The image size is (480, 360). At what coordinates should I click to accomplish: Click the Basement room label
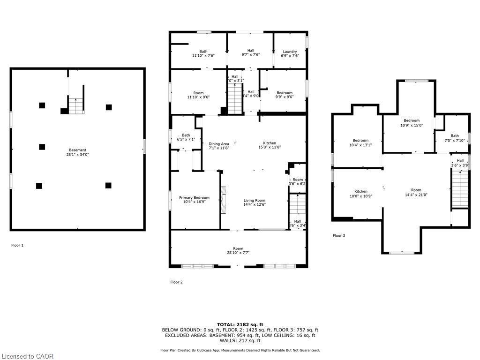click(77, 150)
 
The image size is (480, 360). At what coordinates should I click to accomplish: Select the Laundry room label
click(290, 52)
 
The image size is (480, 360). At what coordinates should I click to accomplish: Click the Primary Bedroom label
click(194, 198)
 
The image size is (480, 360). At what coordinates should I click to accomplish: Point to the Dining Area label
click(219, 144)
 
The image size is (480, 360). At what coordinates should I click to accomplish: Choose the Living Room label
click(254, 201)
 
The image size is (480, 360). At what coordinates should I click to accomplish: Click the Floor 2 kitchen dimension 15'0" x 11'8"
click(269, 148)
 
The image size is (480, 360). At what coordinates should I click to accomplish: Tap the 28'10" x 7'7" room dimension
click(238, 253)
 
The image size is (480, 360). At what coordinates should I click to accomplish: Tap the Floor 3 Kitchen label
click(360, 191)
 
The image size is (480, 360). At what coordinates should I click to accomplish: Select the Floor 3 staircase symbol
click(460, 188)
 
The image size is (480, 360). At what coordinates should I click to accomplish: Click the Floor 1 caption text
click(17, 245)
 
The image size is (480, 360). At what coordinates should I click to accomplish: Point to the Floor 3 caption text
click(339, 235)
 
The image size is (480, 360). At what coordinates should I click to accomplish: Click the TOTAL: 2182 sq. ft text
click(240, 324)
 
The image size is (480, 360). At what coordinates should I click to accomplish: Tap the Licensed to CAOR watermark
click(27, 356)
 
